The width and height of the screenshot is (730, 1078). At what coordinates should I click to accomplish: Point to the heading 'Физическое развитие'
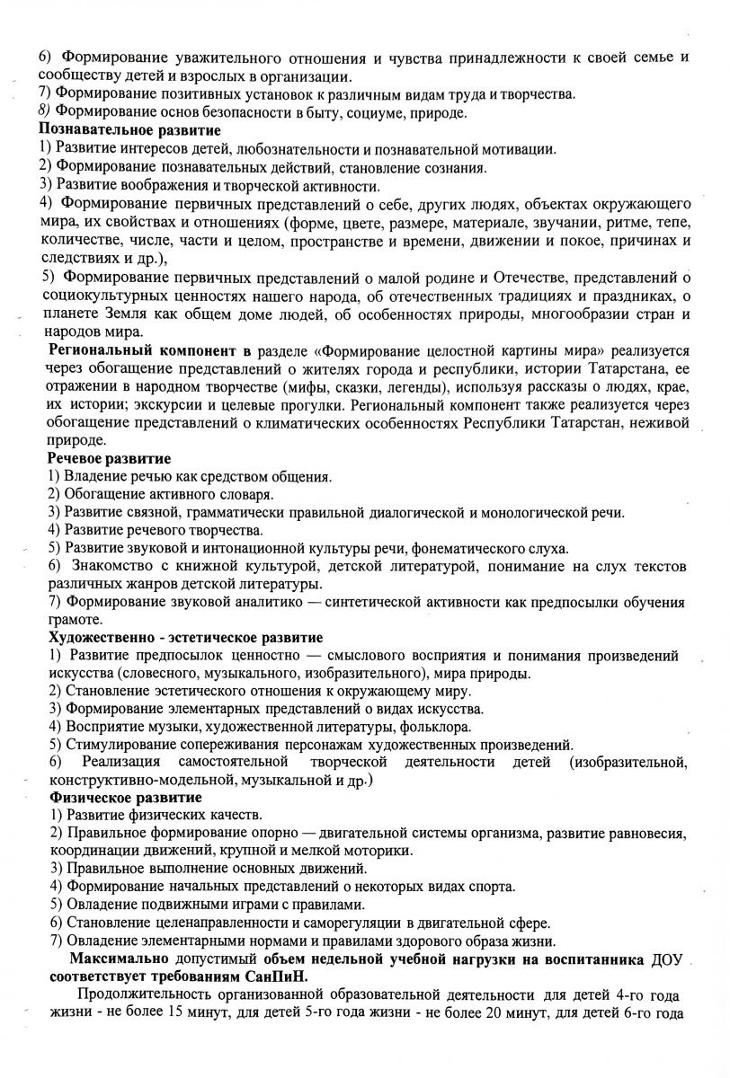[124, 798]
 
